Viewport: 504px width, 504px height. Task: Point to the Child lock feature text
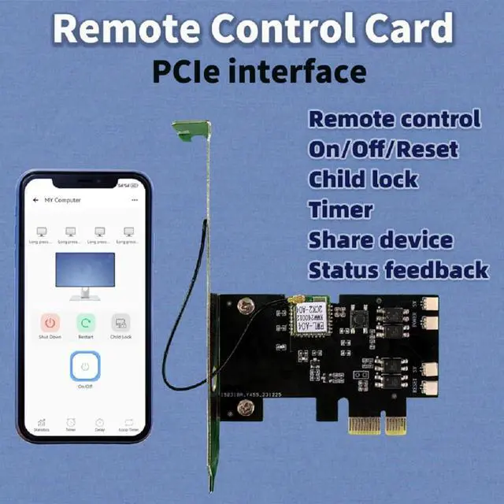(x=362, y=179)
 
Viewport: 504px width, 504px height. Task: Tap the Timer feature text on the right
(x=340, y=209)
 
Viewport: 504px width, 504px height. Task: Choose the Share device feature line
(x=380, y=239)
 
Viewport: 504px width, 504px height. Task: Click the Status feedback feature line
(x=398, y=270)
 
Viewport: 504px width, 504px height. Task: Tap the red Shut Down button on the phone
(x=50, y=323)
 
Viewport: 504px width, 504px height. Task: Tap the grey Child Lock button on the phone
(x=120, y=323)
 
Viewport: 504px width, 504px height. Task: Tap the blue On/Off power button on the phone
(x=85, y=366)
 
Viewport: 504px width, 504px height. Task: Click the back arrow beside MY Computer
(x=35, y=200)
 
